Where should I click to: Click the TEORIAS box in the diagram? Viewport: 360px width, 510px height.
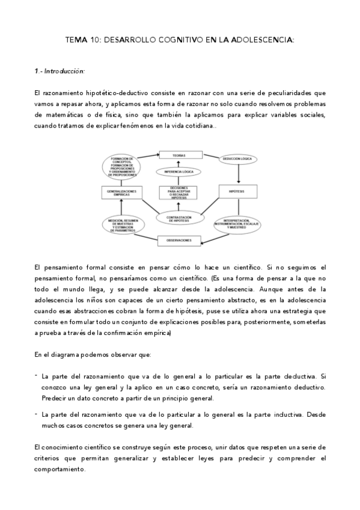coord(178,155)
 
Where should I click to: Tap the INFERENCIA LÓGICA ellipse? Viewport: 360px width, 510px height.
coord(178,172)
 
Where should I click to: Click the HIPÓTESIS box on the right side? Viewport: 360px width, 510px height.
coord(240,192)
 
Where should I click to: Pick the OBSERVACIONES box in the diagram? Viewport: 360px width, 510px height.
coord(178,241)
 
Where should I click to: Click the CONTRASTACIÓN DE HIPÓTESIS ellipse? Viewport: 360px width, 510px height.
coord(178,218)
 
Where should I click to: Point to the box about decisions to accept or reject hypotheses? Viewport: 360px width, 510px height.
coord(178,192)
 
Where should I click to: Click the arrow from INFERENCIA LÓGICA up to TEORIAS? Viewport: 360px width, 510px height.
coord(178,164)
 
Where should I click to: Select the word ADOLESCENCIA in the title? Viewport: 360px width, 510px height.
coord(263,40)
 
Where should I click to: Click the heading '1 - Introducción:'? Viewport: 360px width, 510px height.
coord(59,71)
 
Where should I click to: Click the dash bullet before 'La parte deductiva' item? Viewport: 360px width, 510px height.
coord(36,374)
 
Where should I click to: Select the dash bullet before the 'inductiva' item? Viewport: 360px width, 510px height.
coord(36,414)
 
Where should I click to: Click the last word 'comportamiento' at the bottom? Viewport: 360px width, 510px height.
coord(59,469)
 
